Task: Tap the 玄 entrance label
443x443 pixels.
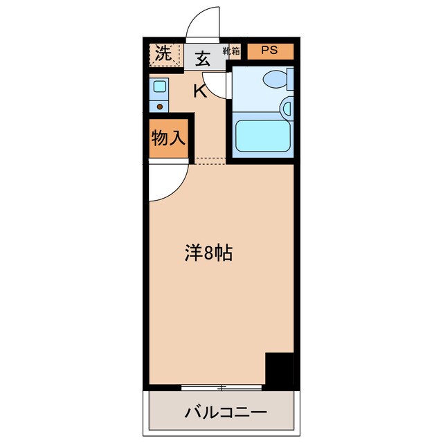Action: (x=202, y=58)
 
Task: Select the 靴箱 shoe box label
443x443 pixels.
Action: (x=231, y=51)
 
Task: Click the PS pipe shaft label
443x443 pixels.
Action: (x=270, y=51)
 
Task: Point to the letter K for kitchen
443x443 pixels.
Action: (x=199, y=91)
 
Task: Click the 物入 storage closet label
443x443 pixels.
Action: (x=167, y=138)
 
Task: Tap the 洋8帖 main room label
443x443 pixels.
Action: (x=208, y=253)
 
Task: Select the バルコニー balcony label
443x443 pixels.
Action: (x=226, y=413)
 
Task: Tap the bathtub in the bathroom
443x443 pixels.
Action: (x=262, y=136)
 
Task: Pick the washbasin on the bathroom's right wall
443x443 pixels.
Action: (x=287, y=107)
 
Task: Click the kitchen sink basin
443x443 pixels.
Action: (x=159, y=87)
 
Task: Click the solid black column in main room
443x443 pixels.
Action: (x=280, y=370)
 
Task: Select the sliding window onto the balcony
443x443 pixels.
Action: (x=221, y=386)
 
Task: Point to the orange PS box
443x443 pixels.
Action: (x=271, y=51)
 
